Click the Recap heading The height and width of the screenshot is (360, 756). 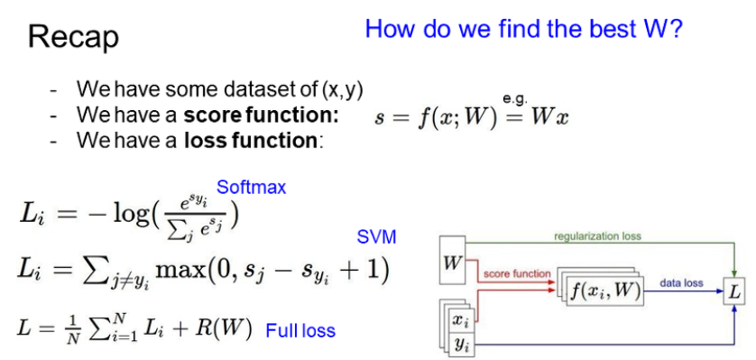(73, 37)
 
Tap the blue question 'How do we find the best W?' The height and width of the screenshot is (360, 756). (523, 30)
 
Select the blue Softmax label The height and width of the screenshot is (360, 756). (251, 187)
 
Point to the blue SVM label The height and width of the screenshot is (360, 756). (376, 236)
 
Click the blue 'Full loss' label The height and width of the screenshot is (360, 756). (300, 331)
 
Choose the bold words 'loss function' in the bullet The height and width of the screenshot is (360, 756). (250, 140)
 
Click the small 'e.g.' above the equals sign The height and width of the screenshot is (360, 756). (515, 98)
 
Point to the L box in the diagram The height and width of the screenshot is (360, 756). (733, 292)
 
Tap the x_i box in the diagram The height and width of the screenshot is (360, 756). (461, 319)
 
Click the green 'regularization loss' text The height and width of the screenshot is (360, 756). (598, 236)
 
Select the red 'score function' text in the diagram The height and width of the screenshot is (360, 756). (517, 273)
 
